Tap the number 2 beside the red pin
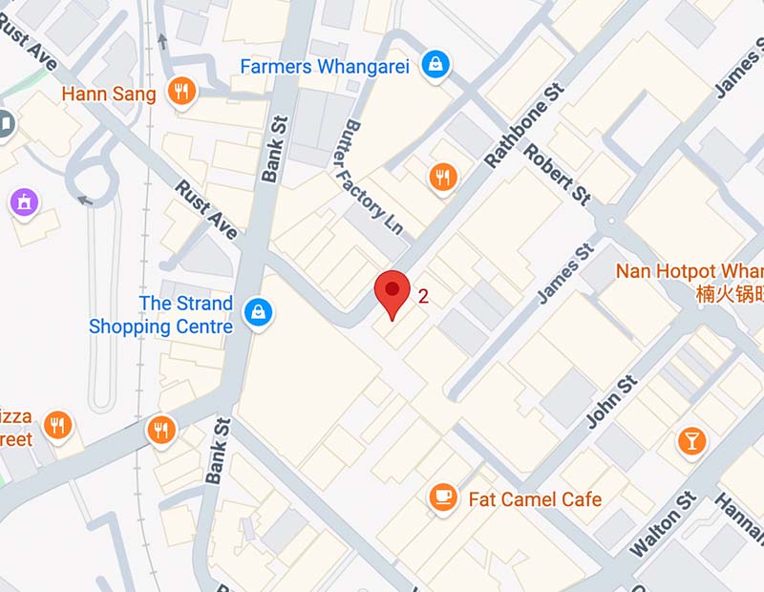tap(423, 296)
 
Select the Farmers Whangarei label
tap(325, 67)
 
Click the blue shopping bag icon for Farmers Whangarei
tap(436, 65)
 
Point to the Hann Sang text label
tap(107, 94)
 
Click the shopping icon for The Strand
tap(257, 311)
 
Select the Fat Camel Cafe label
tap(535, 498)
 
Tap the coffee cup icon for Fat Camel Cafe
tap(442, 497)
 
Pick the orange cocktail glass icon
tap(690, 440)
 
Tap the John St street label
tap(611, 401)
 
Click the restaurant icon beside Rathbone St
tap(443, 176)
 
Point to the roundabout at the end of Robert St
tap(610, 222)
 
